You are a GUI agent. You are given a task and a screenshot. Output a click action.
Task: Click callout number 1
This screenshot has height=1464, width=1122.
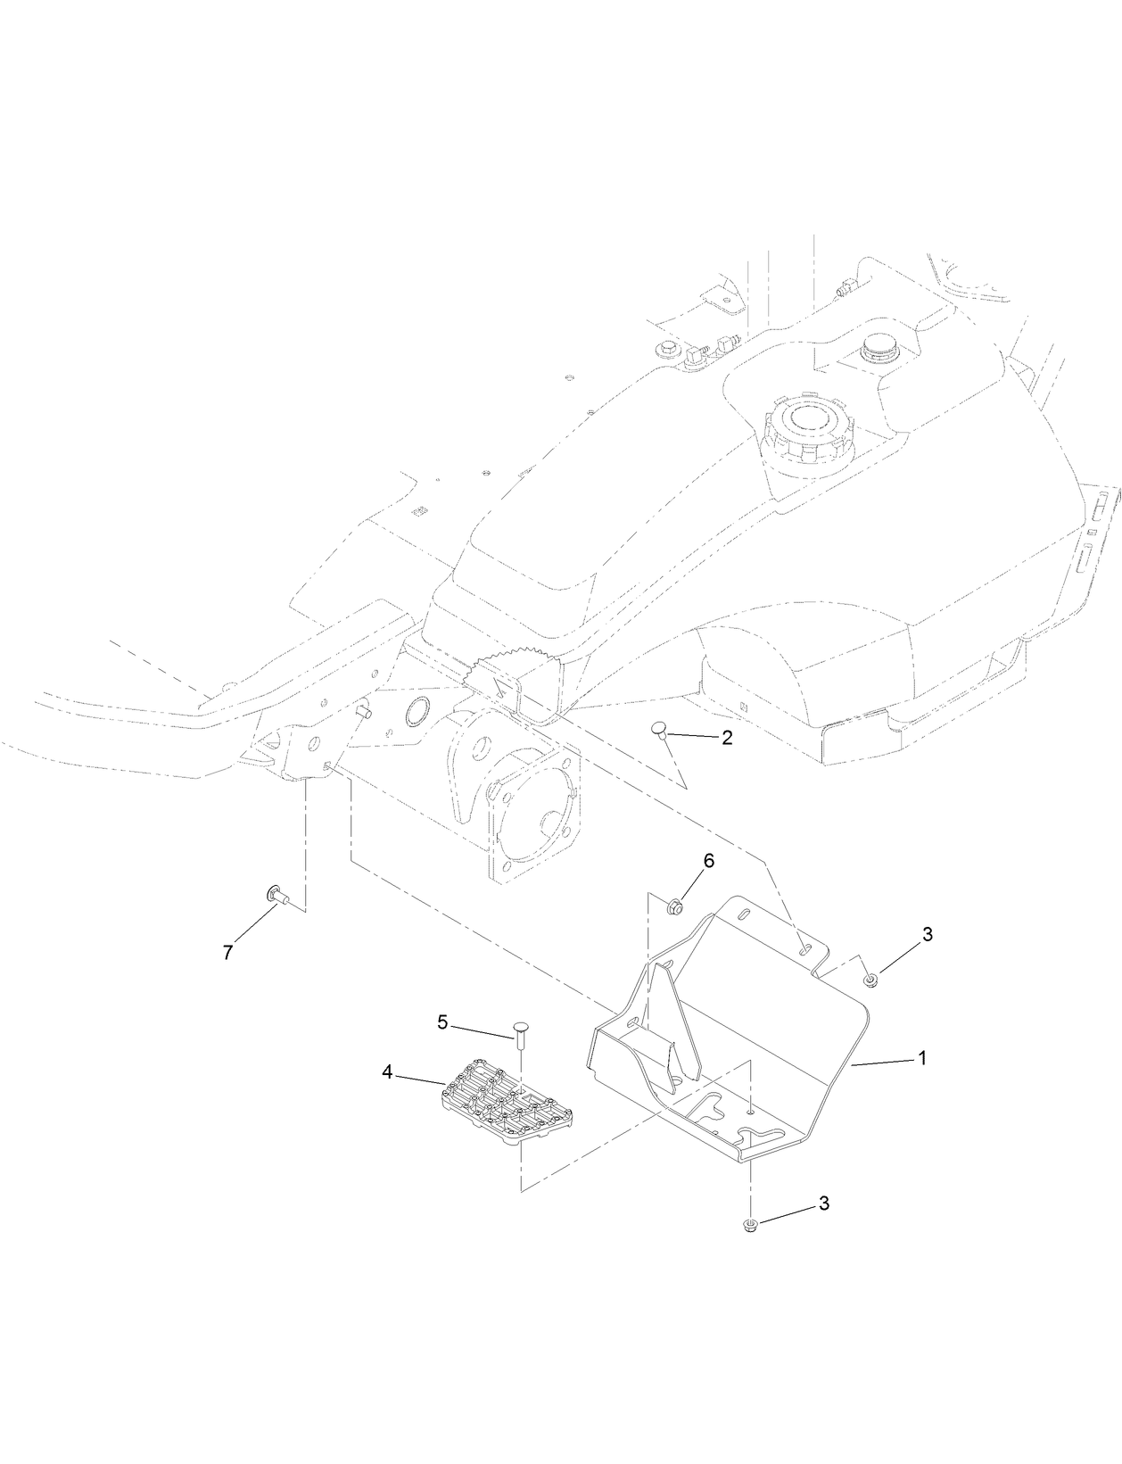click(923, 1058)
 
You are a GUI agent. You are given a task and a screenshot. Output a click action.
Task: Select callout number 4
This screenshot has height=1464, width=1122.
click(387, 1072)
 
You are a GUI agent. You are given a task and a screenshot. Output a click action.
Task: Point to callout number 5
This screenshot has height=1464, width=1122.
click(442, 1022)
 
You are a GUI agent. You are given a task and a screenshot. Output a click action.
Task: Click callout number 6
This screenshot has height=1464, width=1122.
click(709, 861)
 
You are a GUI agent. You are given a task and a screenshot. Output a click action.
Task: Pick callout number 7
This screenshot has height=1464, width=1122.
click(227, 953)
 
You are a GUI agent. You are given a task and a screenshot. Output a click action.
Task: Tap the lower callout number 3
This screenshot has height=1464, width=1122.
click(823, 1203)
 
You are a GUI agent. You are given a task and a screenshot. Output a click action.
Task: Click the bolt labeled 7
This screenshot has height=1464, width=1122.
click(276, 894)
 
